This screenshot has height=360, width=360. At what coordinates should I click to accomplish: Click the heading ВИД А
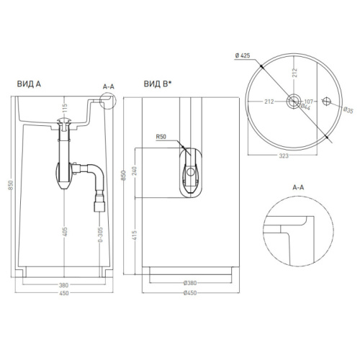[x=29, y=84]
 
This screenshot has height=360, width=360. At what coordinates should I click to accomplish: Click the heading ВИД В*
[x=158, y=84]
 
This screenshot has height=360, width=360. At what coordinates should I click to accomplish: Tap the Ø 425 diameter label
[x=243, y=55]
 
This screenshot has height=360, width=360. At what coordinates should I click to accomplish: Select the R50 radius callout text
[x=161, y=137]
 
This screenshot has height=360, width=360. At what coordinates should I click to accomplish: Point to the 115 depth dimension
[x=65, y=109]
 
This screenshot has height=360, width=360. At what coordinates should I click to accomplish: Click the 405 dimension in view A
[x=65, y=232]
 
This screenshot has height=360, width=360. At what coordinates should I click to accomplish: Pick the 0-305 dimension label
[x=101, y=235]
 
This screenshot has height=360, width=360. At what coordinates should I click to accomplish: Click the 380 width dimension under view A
[x=64, y=285]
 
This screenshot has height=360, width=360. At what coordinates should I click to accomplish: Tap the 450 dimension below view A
[x=64, y=293]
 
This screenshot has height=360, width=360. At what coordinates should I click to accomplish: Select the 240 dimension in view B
[x=135, y=171]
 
